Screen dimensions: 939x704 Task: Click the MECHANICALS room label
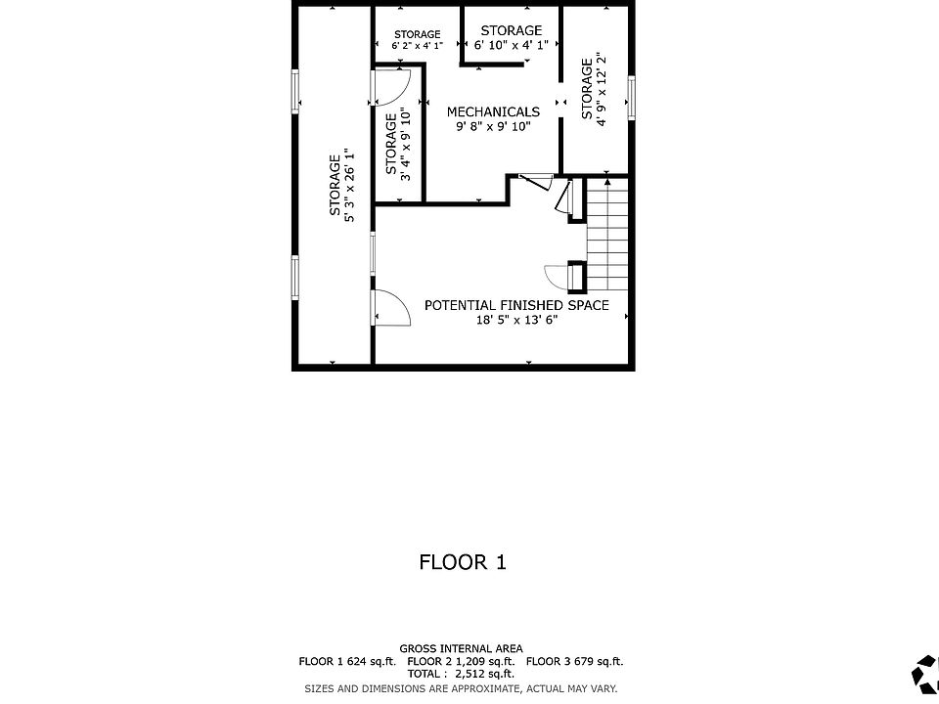point(493,111)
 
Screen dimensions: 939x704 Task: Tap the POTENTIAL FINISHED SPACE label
point(516,305)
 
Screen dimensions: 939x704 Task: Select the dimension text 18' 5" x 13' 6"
point(516,320)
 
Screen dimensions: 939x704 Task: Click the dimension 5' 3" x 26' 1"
point(349,185)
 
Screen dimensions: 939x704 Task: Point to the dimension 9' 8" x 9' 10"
point(493,126)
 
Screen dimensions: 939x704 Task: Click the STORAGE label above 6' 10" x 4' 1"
point(511,30)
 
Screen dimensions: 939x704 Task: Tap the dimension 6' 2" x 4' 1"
point(418,46)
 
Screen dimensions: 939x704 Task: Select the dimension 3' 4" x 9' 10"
point(405,145)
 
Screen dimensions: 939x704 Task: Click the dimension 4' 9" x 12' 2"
point(601,89)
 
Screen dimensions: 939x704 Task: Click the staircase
point(606,234)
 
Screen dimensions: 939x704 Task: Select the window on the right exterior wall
point(631,98)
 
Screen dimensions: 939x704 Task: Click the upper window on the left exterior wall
point(295,91)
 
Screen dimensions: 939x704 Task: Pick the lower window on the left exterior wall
point(295,277)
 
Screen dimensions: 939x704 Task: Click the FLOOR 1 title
point(463,562)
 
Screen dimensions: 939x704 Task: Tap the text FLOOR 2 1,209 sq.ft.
point(461,662)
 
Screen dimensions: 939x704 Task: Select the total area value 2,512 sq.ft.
point(484,674)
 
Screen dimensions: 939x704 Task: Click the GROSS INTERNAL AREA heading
point(461,648)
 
